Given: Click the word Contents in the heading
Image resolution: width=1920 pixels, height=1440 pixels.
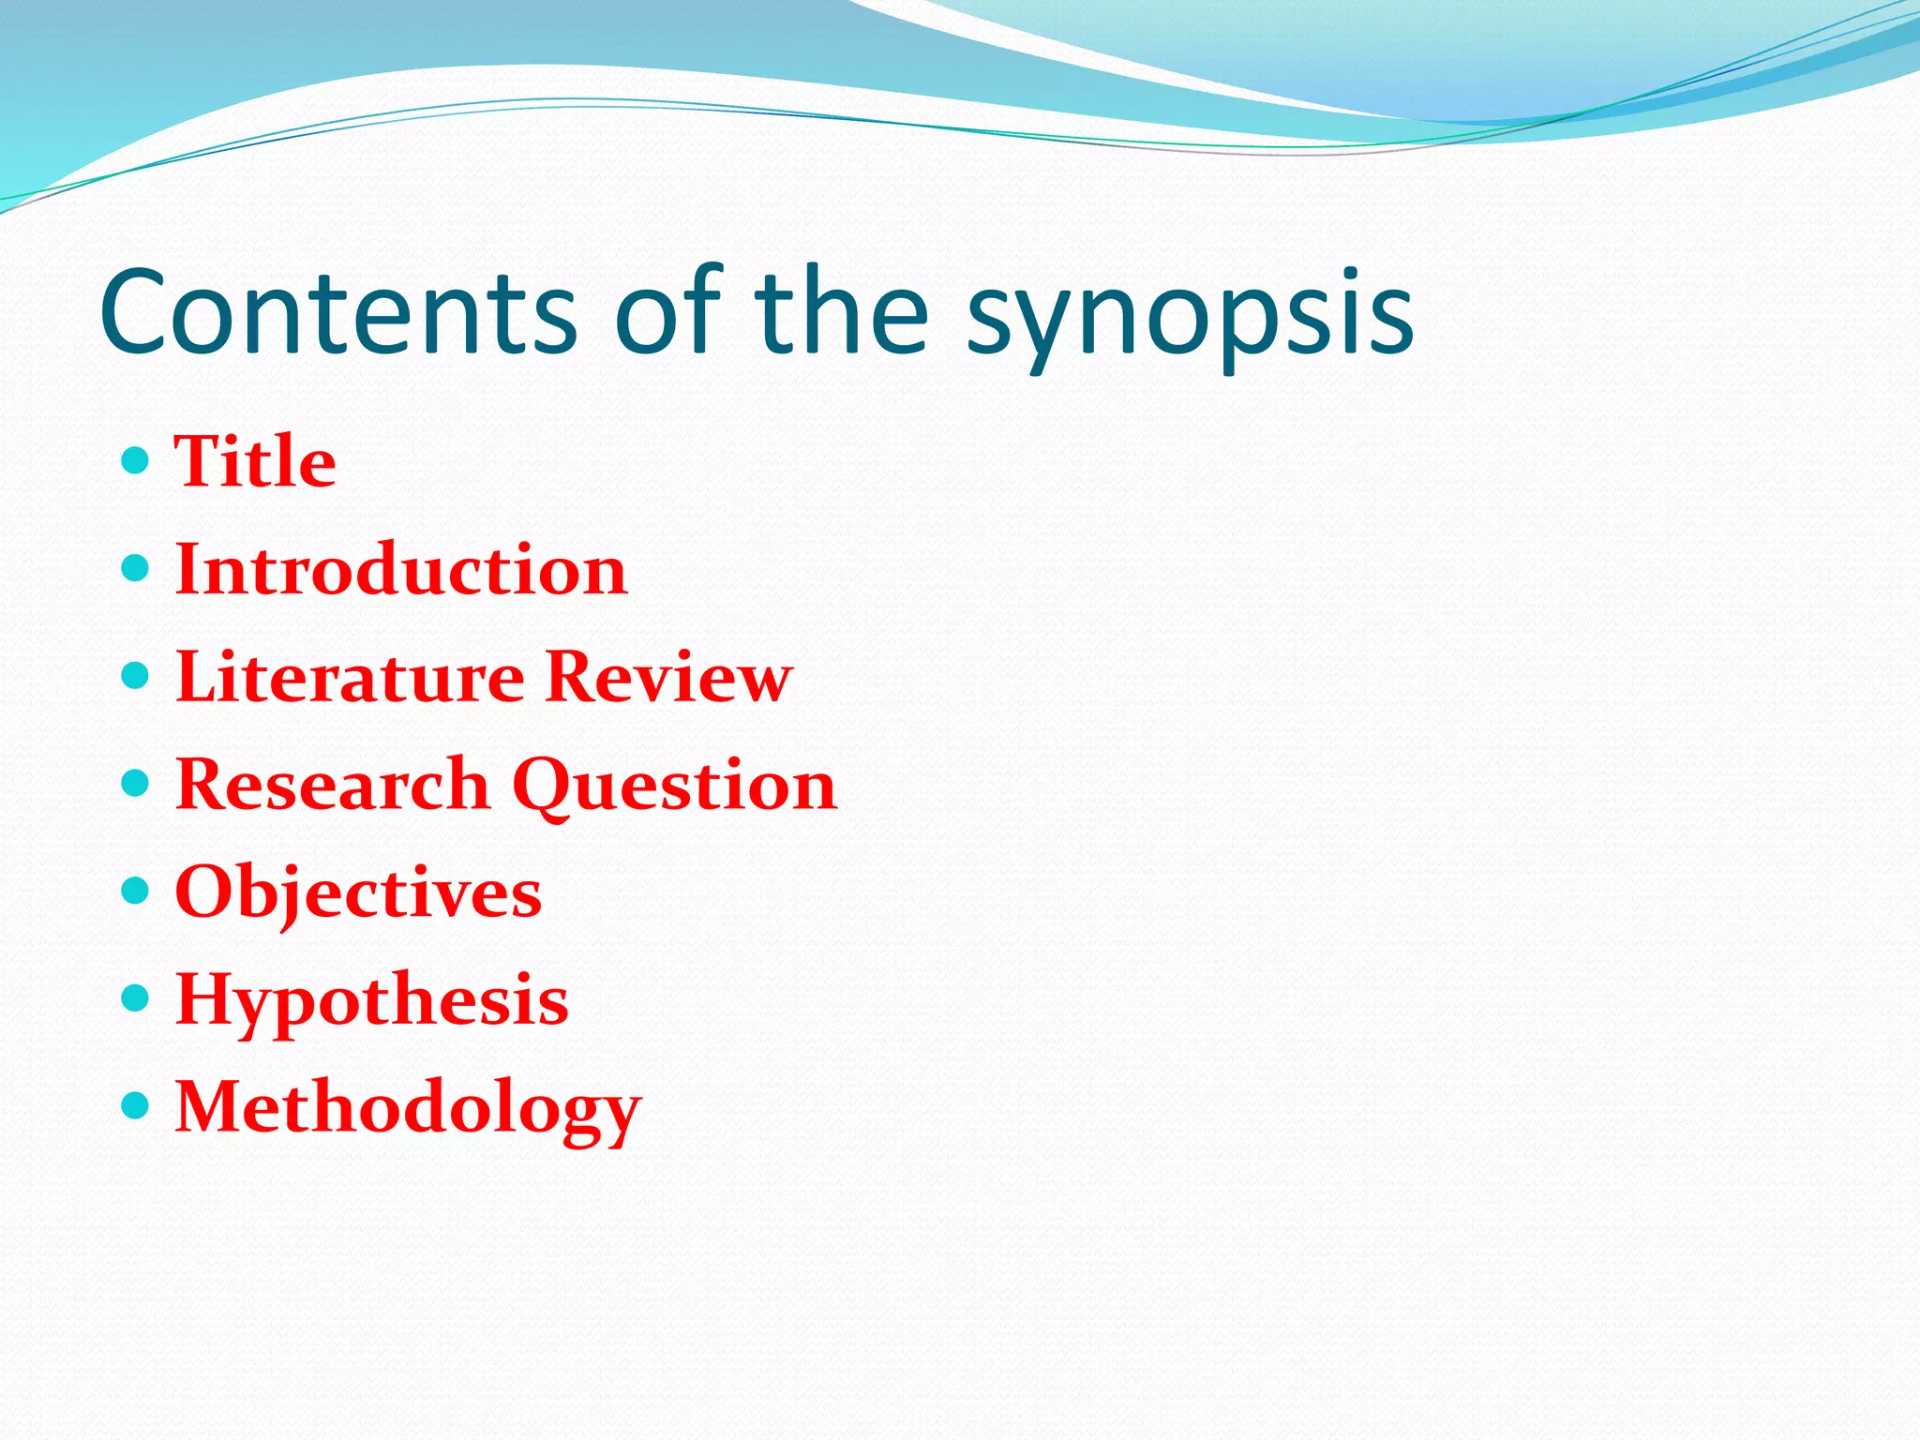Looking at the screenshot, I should [337, 313].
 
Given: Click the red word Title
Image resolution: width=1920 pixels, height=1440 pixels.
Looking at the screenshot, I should [255, 462].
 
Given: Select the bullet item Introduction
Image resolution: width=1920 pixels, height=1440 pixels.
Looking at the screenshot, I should [401, 570].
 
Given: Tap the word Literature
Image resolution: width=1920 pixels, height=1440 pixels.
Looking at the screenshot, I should [350, 677].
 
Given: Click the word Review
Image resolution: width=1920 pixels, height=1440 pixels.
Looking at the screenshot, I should [668, 677].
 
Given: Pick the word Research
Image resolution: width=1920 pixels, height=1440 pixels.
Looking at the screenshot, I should [333, 785].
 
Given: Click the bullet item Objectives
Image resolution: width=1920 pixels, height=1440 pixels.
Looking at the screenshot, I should [358, 892].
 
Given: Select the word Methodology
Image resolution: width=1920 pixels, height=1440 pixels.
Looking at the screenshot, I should [408, 1108].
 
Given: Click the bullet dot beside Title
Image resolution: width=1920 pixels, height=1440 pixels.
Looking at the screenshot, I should [136, 460].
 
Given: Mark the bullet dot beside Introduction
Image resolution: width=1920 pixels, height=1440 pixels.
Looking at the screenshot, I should [136, 568].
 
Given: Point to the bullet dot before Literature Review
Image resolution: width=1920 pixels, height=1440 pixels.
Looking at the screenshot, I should [136, 675].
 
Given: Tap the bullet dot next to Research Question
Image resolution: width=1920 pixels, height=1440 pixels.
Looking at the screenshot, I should [136, 783].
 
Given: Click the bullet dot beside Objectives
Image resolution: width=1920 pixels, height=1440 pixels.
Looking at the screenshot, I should [136, 891].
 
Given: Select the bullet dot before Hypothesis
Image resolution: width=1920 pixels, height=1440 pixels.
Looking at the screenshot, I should [136, 998].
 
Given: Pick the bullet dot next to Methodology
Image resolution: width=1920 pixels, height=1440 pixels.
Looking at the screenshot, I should [136, 1106].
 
